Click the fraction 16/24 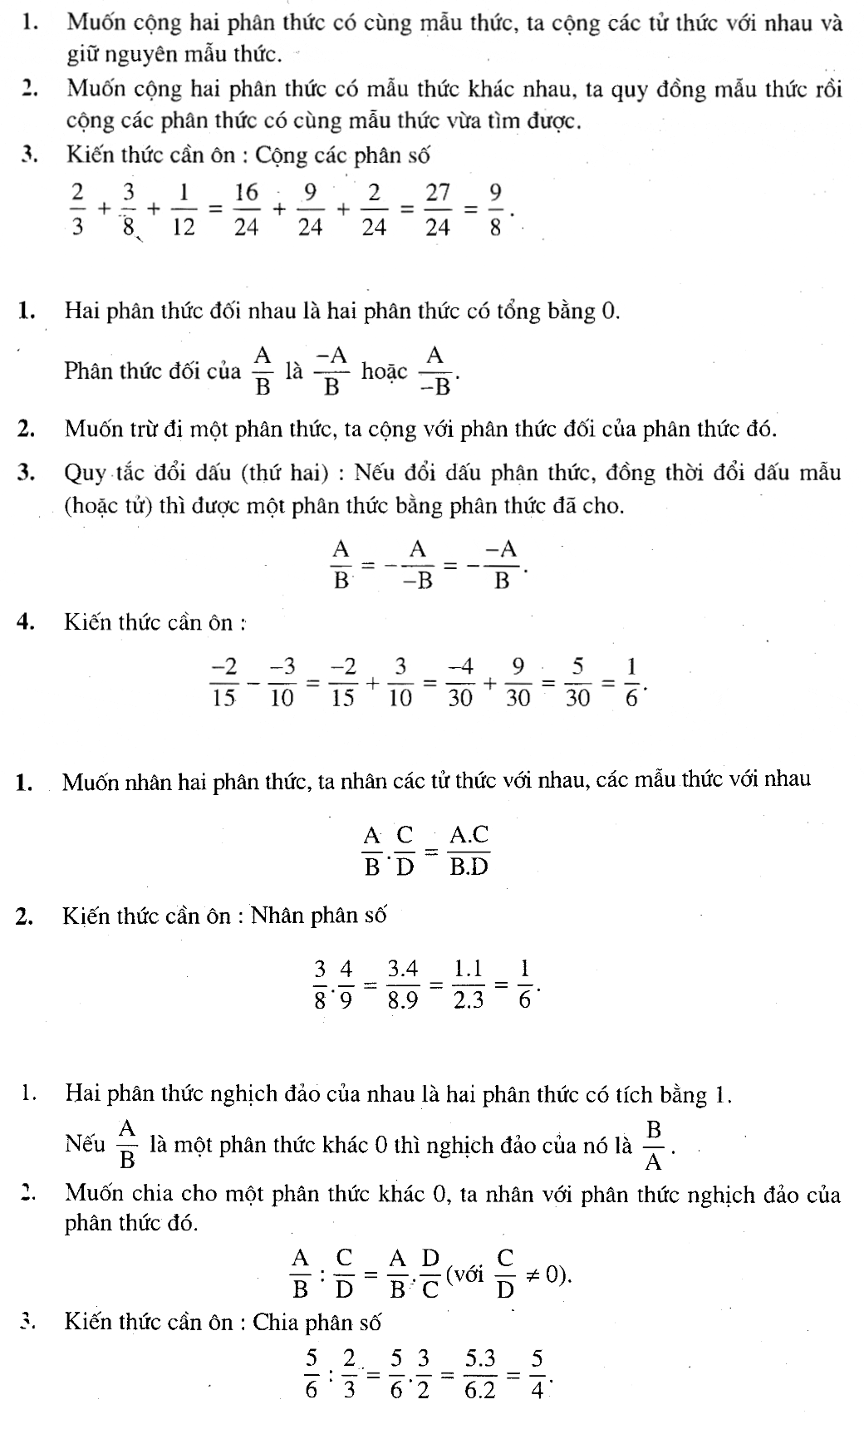coord(246,210)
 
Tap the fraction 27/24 coord(437,210)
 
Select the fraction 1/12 coord(183,210)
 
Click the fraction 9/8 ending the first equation coord(495,210)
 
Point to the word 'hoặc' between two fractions coord(385,371)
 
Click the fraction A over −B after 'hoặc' coord(434,371)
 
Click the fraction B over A coord(653,1145)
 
